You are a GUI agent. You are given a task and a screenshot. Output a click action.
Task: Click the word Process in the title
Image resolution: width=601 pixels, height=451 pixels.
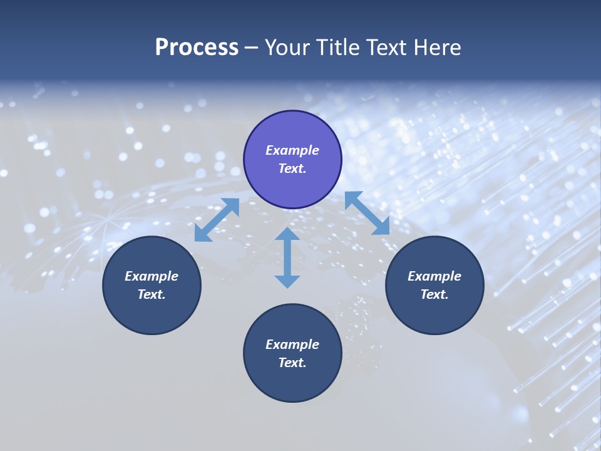197,48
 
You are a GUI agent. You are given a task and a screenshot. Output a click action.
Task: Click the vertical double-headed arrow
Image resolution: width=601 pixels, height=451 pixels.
287,257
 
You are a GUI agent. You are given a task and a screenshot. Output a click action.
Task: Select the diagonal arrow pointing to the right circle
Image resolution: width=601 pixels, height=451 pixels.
367,213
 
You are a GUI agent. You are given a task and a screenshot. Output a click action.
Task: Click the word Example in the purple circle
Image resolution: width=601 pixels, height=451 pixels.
292,150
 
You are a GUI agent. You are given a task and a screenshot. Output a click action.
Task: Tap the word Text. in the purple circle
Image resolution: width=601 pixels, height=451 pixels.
292,168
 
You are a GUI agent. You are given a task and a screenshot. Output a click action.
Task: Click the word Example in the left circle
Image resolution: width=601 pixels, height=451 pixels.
152,276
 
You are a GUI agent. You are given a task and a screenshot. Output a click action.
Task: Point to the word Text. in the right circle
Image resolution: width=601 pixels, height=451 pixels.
434,294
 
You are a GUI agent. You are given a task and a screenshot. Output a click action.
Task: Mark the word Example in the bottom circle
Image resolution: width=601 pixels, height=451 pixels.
292,345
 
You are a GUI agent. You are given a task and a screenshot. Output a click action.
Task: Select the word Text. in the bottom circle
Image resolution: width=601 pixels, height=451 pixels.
292,363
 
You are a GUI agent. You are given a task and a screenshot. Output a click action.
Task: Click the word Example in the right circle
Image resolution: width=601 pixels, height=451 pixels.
434,276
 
